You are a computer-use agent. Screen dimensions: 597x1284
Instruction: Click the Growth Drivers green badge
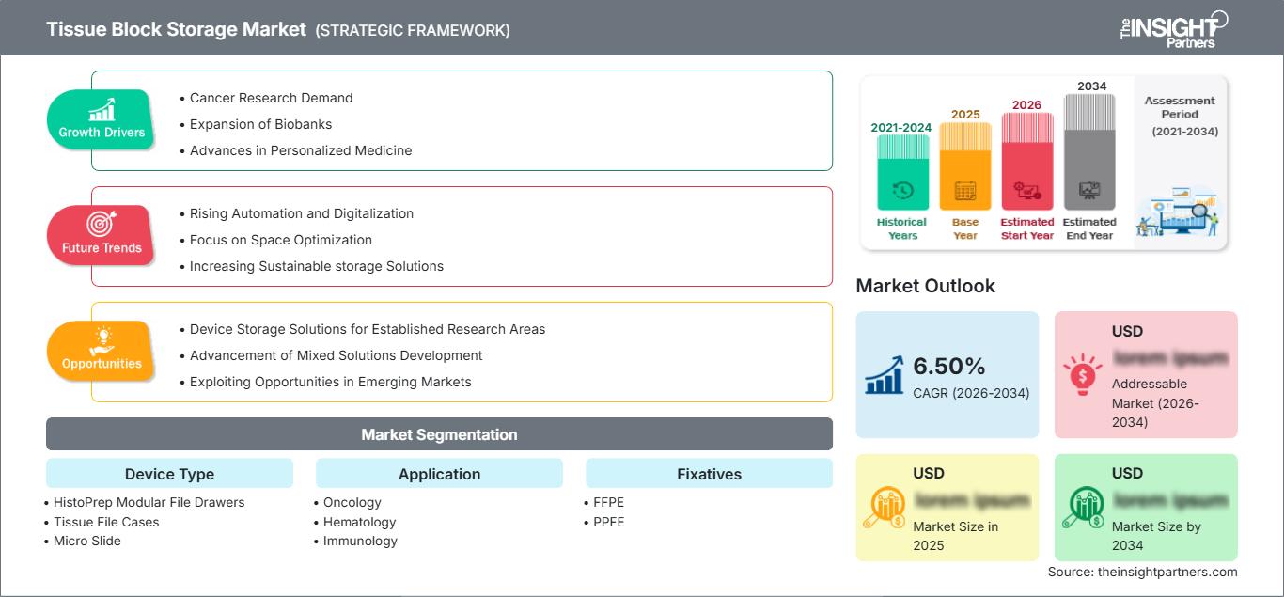click(102, 119)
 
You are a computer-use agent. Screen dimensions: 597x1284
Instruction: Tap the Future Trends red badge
click(102, 235)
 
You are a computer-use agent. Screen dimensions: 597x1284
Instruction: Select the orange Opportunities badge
click(102, 351)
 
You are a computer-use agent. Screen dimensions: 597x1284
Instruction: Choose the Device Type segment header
click(169, 474)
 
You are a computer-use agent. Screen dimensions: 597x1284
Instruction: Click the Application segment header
click(439, 474)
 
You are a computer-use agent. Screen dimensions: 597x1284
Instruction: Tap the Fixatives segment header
click(709, 474)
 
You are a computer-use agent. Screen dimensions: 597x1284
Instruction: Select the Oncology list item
click(352, 502)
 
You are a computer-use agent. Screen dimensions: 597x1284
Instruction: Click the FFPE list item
click(608, 502)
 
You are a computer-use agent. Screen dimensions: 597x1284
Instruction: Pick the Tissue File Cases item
click(105, 522)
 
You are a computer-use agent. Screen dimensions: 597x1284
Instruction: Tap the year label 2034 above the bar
click(1091, 86)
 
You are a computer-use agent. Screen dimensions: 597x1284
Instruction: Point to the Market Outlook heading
click(925, 286)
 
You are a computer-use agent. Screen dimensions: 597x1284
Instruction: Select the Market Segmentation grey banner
click(439, 434)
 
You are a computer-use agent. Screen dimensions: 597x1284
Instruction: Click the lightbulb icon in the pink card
click(1082, 374)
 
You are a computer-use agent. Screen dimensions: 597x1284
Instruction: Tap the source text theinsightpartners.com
click(1142, 572)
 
